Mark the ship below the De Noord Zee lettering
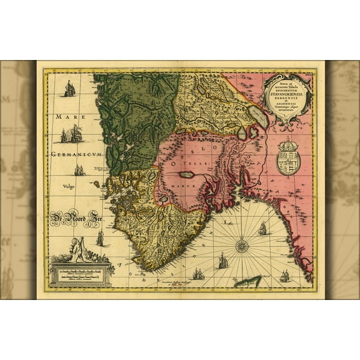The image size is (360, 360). (100, 238)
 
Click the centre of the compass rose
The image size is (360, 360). (242, 246)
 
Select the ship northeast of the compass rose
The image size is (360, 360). (262, 229)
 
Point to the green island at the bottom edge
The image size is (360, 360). (248, 281)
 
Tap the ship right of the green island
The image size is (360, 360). (284, 275)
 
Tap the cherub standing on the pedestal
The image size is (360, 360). (77, 249)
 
